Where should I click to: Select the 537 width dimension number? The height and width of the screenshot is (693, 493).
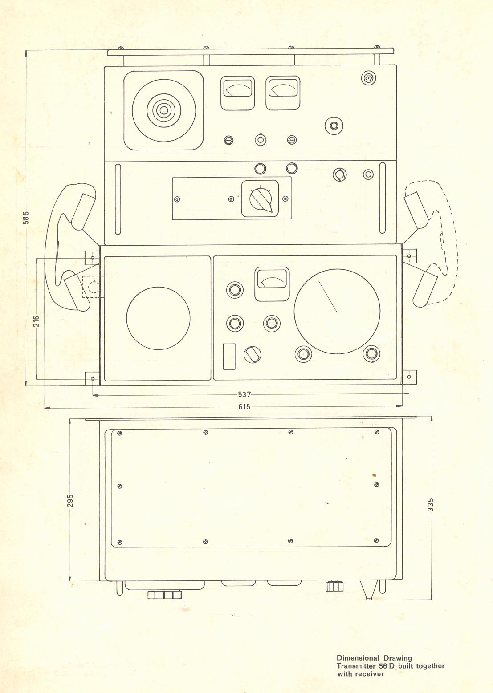pyautogui.click(x=244, y=394)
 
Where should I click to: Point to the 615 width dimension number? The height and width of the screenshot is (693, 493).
pyautogui.click(x=244, y=407)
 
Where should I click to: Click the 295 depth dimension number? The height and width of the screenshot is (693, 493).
pyautogui.click(x=70, y=501)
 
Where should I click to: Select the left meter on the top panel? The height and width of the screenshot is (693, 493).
pyautogui.click(x=237, y=93)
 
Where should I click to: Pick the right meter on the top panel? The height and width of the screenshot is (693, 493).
pyautogui.click(x=283, y=93)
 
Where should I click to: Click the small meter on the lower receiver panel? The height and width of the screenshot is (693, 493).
pyautogui.click(x=272, y=284)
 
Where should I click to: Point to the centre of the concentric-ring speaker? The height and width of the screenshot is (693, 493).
pyautogui.click(x=164, y=110)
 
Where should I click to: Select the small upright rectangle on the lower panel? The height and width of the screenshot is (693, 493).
pyautogui.click(x=229, y=357)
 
